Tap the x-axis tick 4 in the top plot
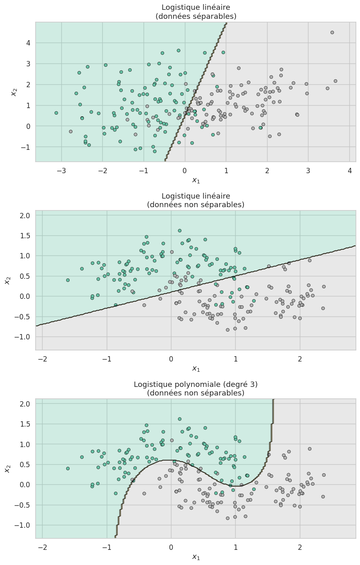pos(349,170)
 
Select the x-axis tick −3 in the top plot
pos(61,170)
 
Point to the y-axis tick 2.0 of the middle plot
pos(25,215)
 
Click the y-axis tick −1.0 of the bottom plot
pos(23,525)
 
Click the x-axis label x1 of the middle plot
pos(196,369)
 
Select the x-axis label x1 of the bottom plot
pos(196,557)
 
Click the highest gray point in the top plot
pos(332,32)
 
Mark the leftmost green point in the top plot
pos(56,113)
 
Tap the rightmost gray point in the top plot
pos(335,81)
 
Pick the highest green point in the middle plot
pos(180,231)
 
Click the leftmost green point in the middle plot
pos(68,280)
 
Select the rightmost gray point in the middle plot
pos(324,287)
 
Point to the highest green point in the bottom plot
pos(180,419)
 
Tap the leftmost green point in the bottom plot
pos(68,468)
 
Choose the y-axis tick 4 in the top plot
pos(27,43)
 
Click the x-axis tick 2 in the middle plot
pos(300,359)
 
